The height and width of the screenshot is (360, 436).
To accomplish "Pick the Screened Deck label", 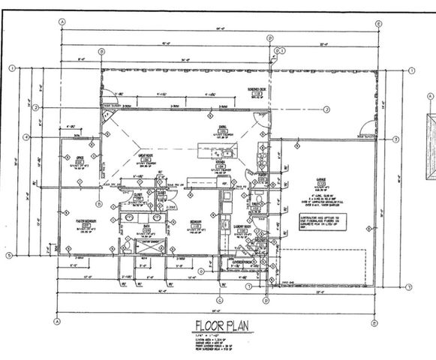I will (x=238, y=93).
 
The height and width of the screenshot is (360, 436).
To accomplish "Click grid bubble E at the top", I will (x=379, y=23).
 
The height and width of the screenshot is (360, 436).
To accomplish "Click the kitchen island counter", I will (x=220, y=157).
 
